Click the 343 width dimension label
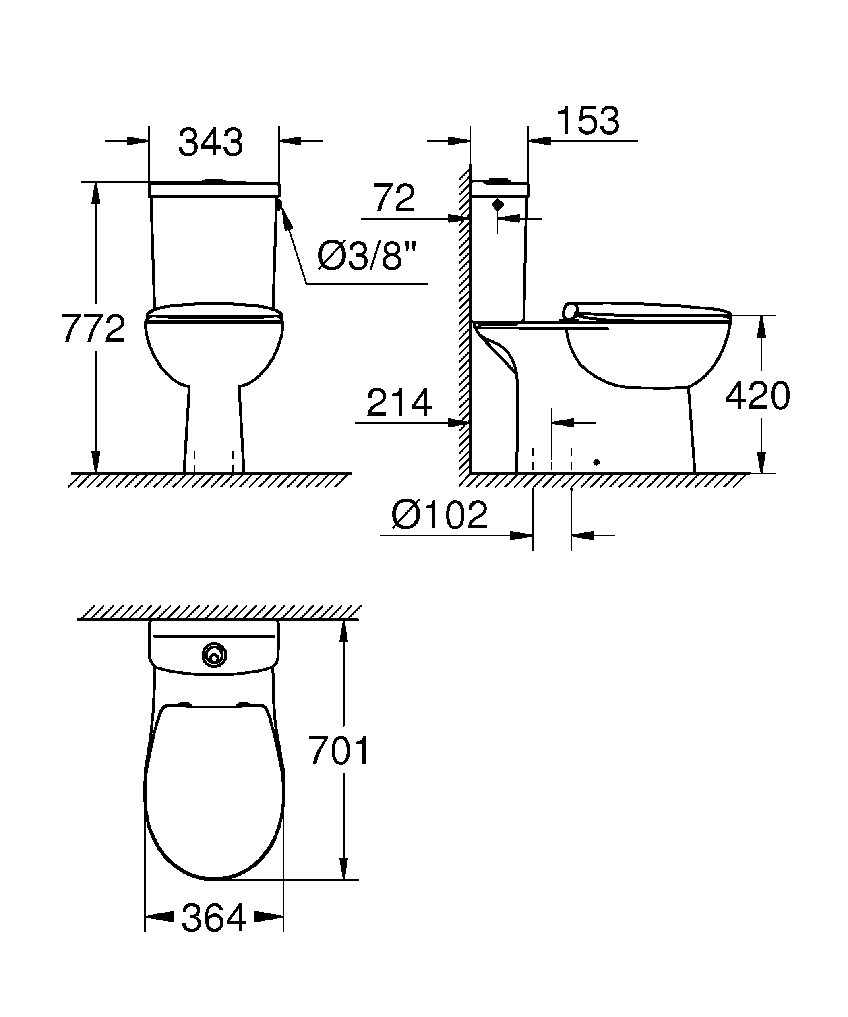click(x=211, y=143)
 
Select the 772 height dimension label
click(x=93, y=329)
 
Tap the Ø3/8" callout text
click(x=367, y=257)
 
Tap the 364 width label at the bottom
click(x=214, y=919)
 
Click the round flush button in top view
click(x=214, y=655)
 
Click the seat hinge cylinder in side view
click(x=571, y=311)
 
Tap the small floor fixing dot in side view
click(x=596, y=462)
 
